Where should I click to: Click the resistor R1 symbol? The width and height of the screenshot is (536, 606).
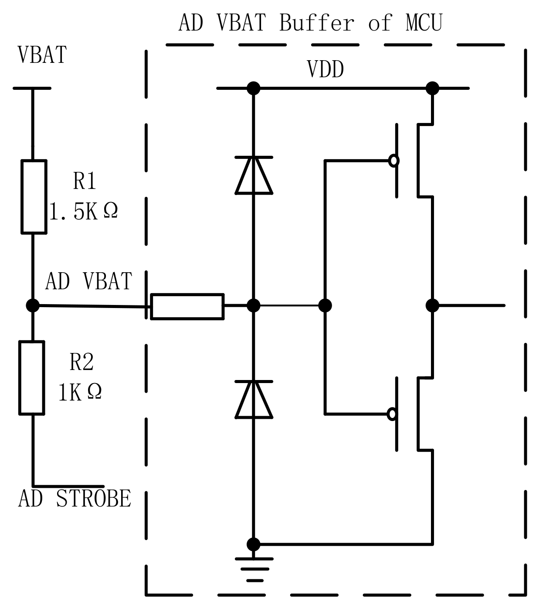click(x=34, y=197)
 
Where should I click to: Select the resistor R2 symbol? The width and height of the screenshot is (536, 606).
click(x=32, y=377)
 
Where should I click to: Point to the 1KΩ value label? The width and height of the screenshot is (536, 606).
click(x=80, y=392)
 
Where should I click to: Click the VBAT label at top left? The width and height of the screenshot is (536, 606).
click(x=42, y=55)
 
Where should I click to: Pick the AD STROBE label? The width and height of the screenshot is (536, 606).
click(x=75, y=499)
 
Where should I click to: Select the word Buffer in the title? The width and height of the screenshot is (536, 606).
click(x=316, y=23)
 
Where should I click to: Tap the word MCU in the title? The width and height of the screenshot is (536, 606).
click(x=424, y=23)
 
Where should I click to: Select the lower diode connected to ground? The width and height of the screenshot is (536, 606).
click(x=254, y=400)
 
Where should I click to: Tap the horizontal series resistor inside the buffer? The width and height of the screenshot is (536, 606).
click(x=187, y=307)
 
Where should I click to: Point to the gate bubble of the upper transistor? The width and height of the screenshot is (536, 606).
click(x=394, y=161)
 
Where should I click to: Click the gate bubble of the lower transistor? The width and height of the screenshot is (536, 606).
click(x=393, y=414)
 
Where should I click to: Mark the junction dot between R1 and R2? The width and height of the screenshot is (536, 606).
click(x=33, y=305)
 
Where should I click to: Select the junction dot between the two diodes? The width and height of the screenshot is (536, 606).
click(x=254, y=305)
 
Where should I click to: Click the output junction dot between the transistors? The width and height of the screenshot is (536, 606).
click(x=432, y=305)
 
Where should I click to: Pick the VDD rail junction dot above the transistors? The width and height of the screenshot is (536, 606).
click(x=432, y=88)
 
